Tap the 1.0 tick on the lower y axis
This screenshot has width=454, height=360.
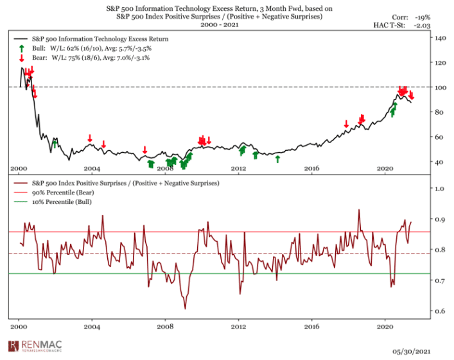click(438, 189)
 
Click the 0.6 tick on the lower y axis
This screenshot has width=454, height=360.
click(438, 311)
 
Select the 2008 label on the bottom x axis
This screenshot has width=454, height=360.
click(166, 327)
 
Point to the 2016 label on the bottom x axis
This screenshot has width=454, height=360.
click(312, 327)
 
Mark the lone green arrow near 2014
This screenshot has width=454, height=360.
click(278, 158)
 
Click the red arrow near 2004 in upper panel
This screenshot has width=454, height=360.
click(90, 139)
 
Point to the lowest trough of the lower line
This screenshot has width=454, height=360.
click(185, 309)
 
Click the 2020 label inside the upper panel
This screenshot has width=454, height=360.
click(385, 168)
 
